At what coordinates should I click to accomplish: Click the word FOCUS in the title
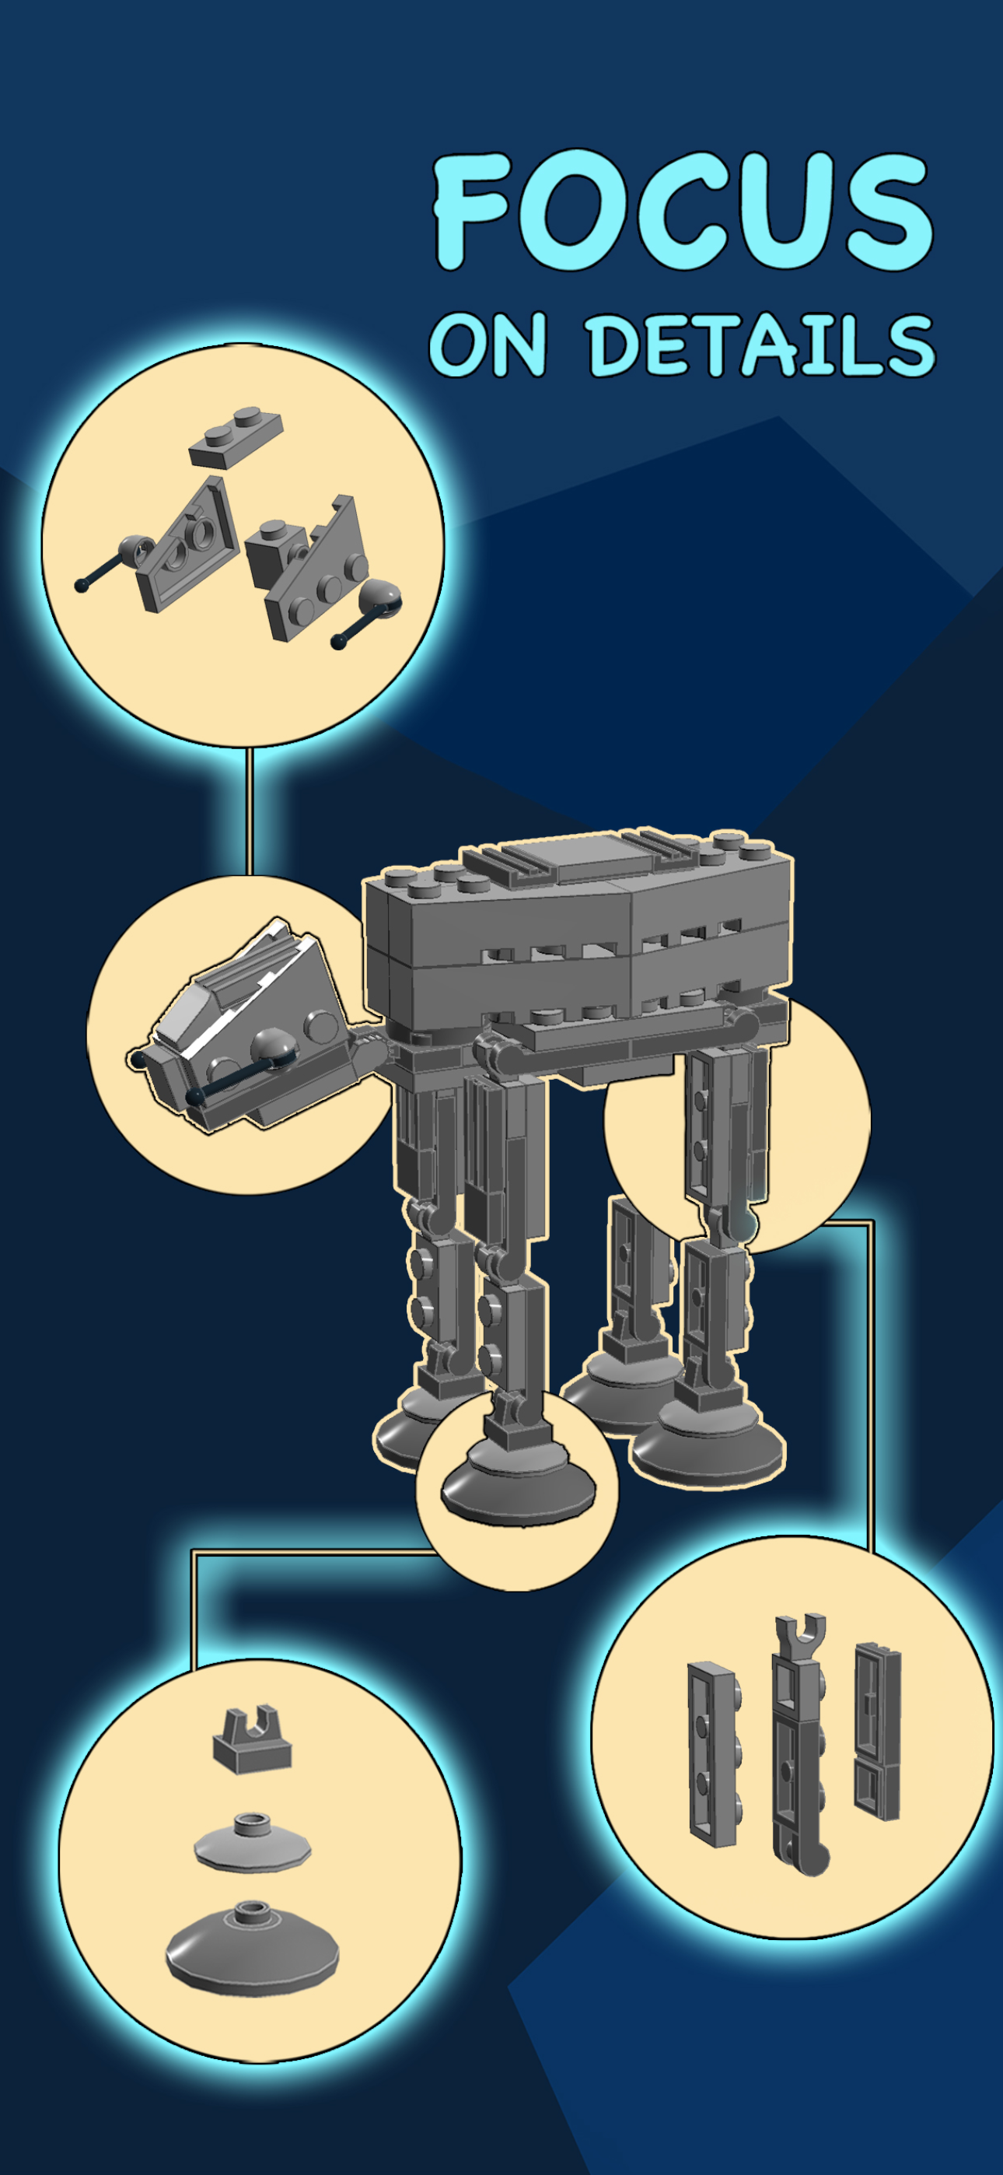(682, 211)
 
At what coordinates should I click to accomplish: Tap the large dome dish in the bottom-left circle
(252, 1950)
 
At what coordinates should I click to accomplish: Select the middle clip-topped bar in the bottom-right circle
(799, 1748)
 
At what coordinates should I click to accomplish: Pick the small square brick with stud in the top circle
(275, 553)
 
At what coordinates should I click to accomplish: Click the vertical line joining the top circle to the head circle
(250, 811)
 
